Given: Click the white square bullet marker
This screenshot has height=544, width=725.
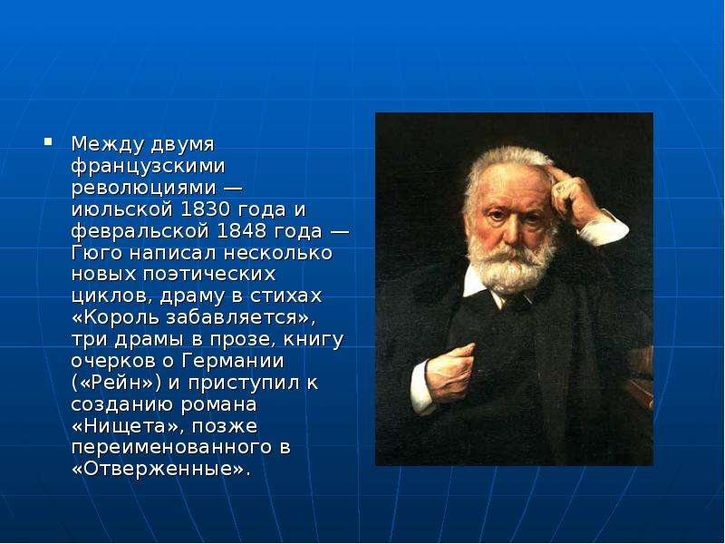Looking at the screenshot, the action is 48,141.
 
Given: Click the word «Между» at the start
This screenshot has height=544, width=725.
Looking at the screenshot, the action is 107,144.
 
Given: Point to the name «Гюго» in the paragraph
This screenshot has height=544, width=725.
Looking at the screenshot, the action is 97,253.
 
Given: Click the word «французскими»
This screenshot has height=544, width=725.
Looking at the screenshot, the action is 148,166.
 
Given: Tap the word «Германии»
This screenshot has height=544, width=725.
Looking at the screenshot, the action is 233,361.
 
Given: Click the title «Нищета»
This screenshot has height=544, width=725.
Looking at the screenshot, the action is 124,426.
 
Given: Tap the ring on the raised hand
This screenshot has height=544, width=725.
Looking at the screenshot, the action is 561,188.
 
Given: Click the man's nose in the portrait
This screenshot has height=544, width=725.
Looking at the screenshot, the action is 510,231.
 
